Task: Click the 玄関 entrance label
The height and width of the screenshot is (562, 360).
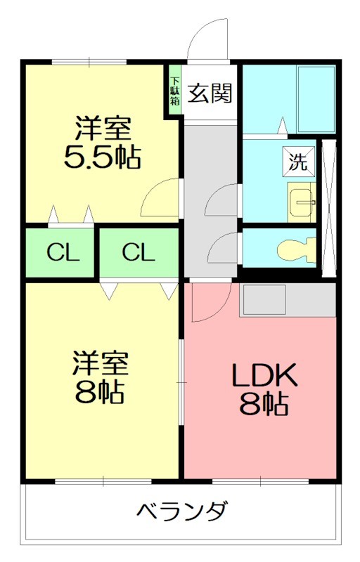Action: click(x=210, y=93)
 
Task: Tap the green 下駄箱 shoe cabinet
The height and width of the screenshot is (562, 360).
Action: click(x=174, y=87)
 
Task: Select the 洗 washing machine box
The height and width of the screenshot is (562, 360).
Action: click(x=298, y=162)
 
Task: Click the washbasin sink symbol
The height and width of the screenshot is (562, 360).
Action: click(x=302, y=202)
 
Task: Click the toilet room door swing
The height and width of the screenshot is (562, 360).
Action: click(x=223, y=248)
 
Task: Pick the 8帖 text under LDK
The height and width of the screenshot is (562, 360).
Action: click(x=265, y=405)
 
